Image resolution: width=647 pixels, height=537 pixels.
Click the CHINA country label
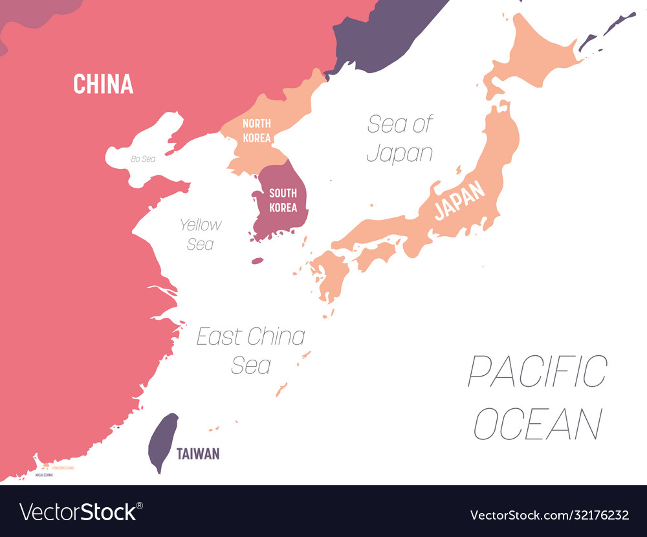click(103, 84)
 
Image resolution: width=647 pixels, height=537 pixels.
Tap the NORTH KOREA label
click(257, 130)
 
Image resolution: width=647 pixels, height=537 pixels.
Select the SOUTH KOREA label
click(283, 200)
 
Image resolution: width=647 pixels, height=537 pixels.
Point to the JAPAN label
click(460, 200)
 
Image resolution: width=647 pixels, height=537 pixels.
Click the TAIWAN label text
click(199, 454)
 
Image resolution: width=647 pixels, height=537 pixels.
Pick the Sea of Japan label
click(400, 138)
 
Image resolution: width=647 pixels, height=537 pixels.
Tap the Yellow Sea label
click(201, 234)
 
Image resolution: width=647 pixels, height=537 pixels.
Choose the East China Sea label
click(251, 350)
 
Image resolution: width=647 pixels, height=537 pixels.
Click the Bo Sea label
click(143, 159)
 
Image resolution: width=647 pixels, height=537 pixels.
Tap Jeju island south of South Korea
click(258, 261)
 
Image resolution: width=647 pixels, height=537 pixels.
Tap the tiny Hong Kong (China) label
click(63, 467)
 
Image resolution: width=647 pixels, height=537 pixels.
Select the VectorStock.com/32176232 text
click(549, 515)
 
